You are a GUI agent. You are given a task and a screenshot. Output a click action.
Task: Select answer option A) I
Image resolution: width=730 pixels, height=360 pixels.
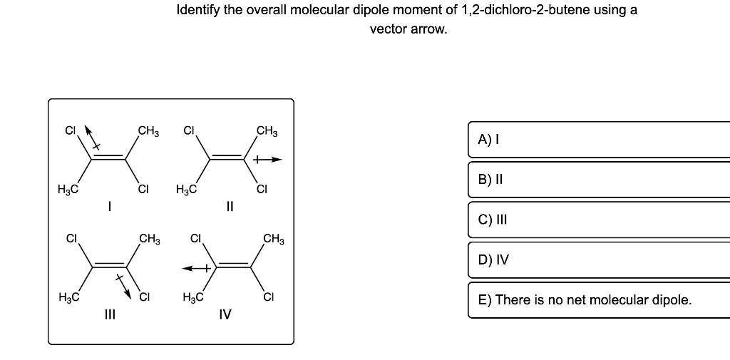coord(599,140)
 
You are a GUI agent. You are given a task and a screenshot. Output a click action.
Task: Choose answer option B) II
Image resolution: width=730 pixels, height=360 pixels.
coord(599,180)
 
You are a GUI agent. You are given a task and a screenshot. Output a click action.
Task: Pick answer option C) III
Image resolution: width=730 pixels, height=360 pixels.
coord(599,220)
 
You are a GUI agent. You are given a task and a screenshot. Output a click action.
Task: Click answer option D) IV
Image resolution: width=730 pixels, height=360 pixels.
coord(599,259)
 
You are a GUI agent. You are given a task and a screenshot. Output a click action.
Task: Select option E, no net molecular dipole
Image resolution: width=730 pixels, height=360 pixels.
coord(599,299)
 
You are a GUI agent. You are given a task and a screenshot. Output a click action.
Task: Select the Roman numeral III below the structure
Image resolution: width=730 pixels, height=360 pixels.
coord(109,313)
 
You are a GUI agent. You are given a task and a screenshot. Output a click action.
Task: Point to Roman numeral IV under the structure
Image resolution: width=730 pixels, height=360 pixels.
coord(225,313)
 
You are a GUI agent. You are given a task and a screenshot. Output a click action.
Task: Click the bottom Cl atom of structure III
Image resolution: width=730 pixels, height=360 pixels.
coord(143,296)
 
